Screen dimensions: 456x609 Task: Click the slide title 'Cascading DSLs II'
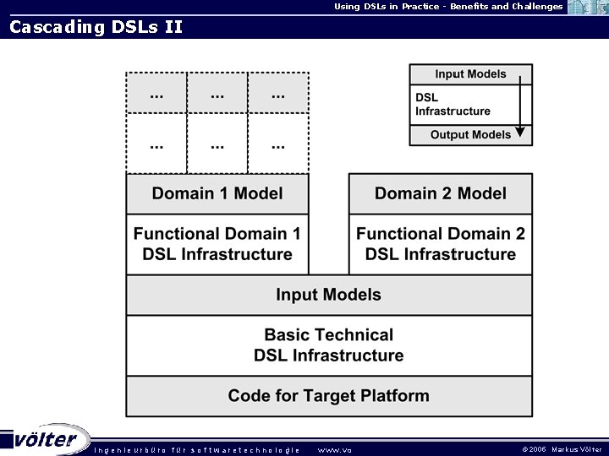coord(96,27)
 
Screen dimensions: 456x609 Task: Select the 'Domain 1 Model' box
coord(217,193)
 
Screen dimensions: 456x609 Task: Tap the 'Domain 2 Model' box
coord(441,193)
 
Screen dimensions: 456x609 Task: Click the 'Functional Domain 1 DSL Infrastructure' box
coord(217,244)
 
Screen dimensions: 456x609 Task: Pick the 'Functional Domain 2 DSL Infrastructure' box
coord(441,244)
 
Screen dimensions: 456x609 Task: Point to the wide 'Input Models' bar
coord(329,295)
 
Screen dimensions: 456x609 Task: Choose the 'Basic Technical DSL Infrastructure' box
coord(329,345)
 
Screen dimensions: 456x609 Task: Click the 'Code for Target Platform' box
coord(329,395)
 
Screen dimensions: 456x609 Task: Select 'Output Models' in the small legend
coord(470,135)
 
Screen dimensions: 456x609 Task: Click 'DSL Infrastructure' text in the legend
coord(453,105)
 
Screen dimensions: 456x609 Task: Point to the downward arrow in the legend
coord(520,106)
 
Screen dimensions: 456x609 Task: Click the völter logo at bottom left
coord(46,439)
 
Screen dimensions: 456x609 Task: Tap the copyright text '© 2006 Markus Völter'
coord(562,449)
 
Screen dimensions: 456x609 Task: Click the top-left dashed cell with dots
coord(156,94)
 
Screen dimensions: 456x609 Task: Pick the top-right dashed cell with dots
coord(278,94)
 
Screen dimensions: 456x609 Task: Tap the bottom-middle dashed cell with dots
coord(217,144)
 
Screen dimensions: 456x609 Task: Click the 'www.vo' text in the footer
coord(334,449)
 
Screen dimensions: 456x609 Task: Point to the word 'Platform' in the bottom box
coord(397,395)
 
